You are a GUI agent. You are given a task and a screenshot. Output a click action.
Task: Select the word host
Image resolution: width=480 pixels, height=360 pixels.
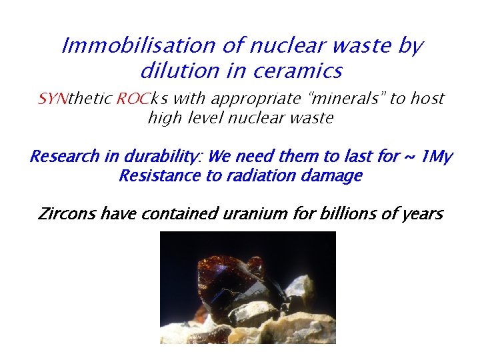click(427, 99)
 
